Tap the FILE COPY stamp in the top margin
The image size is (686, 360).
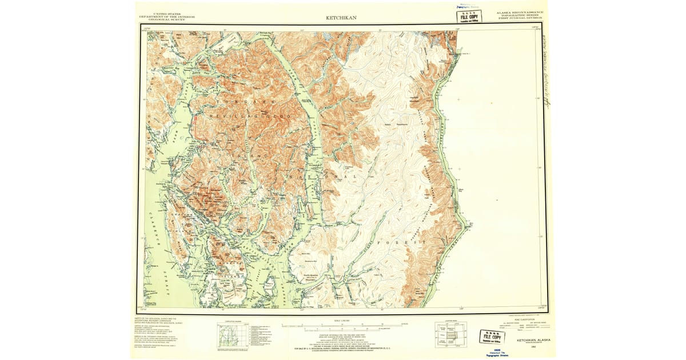(469, 16)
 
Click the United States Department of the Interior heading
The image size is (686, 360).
(167, 17)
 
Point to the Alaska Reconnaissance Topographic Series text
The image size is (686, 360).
(520, 15)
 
